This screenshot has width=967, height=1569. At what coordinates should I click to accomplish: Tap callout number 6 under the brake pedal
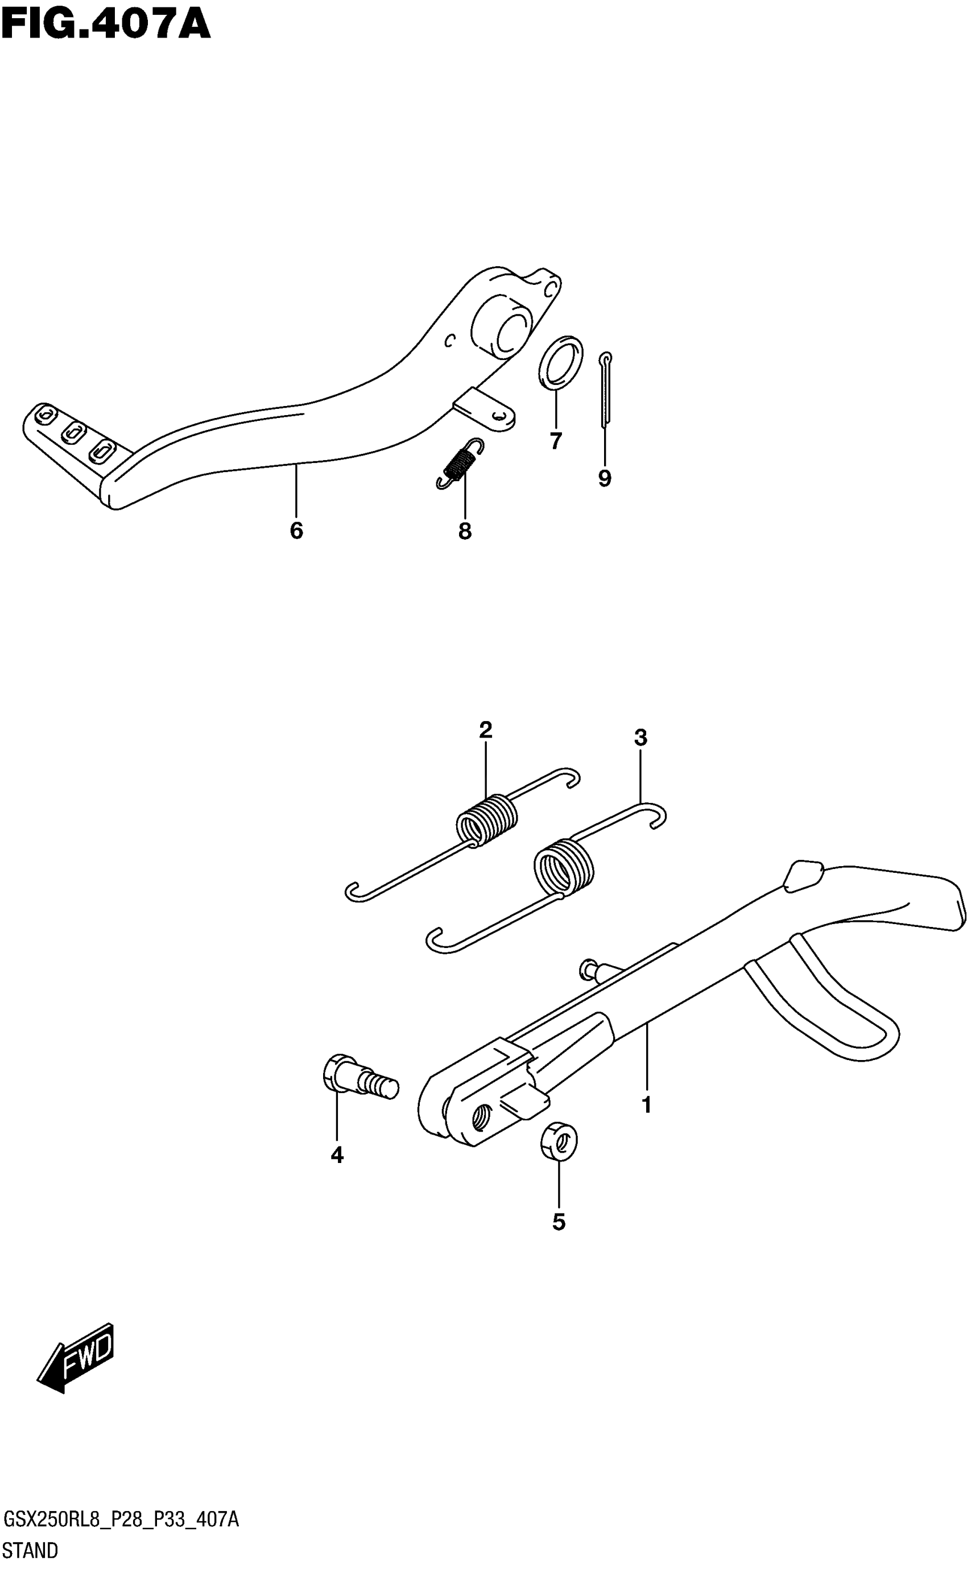tap(296, 531)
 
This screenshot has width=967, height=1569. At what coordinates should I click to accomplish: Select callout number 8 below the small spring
tap(465, 531)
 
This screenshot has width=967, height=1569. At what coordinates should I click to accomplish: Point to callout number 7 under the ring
tap(556, 441)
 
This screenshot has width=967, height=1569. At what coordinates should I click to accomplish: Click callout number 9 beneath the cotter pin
tap(604, 478)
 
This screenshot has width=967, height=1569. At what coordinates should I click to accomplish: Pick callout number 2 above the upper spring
tap(485, 730)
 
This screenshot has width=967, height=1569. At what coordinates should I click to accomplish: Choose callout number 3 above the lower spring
tap(640, 738)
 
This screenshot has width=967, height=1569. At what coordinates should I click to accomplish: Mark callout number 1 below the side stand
tap(646, 1105)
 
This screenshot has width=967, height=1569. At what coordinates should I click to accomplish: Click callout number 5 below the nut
tap(559, 1223)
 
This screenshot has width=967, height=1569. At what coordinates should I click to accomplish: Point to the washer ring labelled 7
tap(561, 361)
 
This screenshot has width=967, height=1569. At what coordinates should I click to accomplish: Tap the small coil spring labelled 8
tap(461, 463)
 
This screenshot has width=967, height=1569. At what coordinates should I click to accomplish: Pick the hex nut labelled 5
tap(559, 1141)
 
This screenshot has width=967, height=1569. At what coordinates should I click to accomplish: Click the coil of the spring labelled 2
tap(487, 819)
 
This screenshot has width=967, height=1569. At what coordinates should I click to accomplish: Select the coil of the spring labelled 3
tap(564, 868)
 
